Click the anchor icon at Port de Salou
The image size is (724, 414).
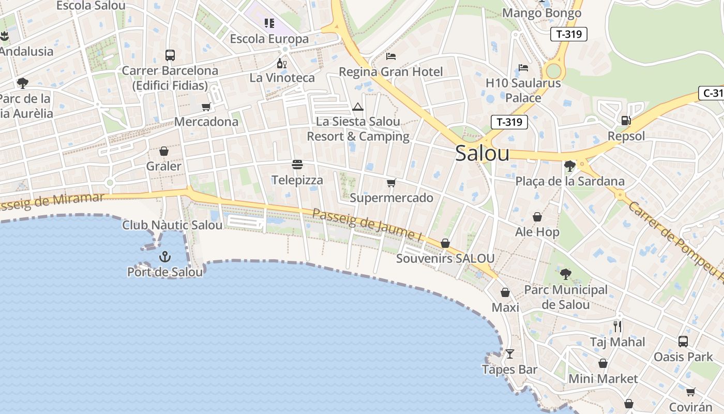click(x=164, y=256)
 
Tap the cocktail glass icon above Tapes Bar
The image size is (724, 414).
click(x=510, y=354)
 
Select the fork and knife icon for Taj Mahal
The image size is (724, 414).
click(x=617, y=326)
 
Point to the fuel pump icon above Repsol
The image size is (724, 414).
click(x=626, y=121)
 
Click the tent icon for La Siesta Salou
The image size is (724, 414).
click(x=357, y=107)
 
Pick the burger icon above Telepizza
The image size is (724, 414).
click(x=297, y=165)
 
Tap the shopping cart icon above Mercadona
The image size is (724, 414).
click(x=206, y=107)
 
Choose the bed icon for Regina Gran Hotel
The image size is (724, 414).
click(x=391, y=56)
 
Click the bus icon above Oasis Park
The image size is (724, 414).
click(x=683, y=341)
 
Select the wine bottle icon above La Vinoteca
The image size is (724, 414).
click(x=281, y=63)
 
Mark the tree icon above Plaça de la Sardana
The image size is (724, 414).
click(x=570, y=166)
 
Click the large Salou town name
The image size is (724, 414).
click(x=482, y=154)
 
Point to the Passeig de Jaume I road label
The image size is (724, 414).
click(x=367, y=224)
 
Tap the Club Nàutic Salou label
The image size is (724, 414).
click(x=172, y=225)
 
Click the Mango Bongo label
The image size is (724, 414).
click(x=542, y=13)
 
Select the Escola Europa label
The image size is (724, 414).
click(x=269, y=39)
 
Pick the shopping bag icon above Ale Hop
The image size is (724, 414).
click(x=537, y=217)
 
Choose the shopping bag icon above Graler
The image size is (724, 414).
click(x=164, y=151)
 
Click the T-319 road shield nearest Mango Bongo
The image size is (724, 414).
click(x=568, y=35)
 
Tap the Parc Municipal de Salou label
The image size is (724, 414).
click(x=566, y=297)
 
